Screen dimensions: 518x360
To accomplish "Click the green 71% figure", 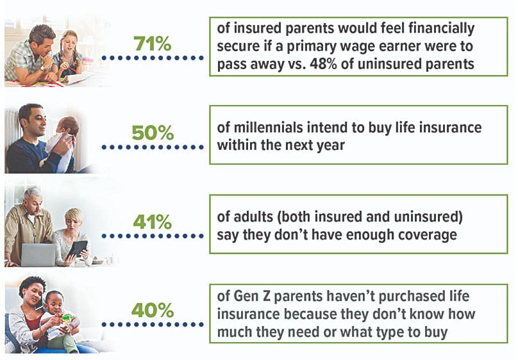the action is [x=153, y=44].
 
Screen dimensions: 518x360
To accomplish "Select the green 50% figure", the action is [x=153, y=133].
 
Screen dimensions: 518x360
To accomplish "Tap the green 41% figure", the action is [x=153, y=222].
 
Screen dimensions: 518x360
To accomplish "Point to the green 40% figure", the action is [x=153, y=310].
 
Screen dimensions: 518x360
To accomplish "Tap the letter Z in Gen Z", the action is [x=266, y=296].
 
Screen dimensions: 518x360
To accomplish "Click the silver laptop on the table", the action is [x=38, y=255].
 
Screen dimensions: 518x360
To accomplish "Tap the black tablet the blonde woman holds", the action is [x=78, y=249].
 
